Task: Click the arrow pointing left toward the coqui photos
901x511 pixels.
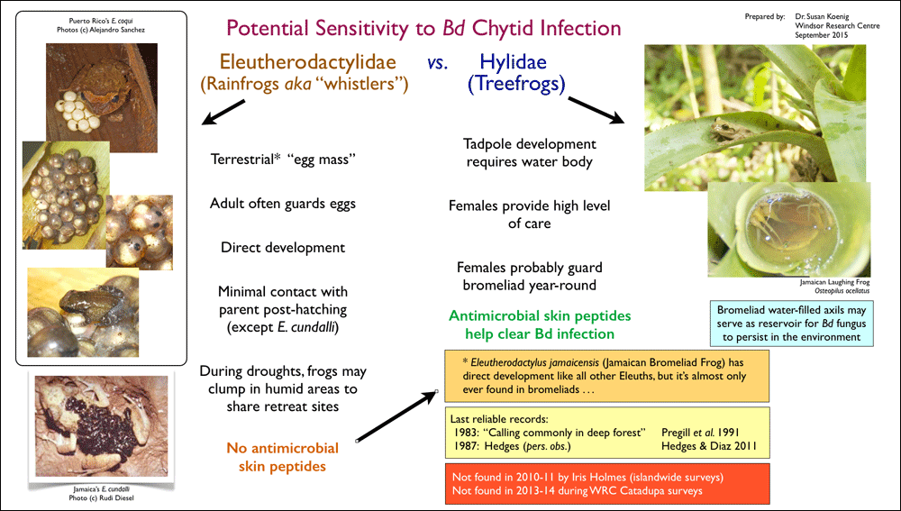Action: click(223, 112)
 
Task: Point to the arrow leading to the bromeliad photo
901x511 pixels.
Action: click(596, 110)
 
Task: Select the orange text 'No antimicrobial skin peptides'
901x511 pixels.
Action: click(283, 457)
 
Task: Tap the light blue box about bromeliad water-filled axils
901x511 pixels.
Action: click(791, 324)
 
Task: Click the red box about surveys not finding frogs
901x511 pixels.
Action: click(606, 483)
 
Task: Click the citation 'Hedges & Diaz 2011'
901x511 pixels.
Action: click(709, 446)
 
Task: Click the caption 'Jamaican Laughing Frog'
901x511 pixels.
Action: click(834, 282)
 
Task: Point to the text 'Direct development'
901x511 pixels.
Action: click(283, 248)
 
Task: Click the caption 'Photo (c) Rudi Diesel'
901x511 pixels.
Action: click(101, 497)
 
